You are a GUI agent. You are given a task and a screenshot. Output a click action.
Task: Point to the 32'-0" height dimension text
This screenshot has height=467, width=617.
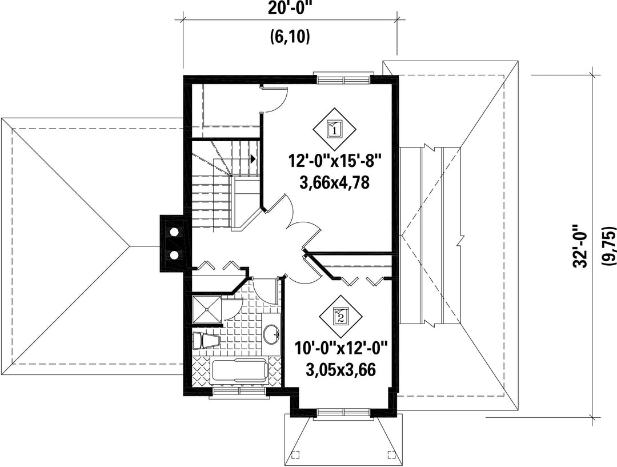tap(580, 252)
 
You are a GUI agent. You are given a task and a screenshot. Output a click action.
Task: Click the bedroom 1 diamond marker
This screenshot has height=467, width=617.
tap(334, 127)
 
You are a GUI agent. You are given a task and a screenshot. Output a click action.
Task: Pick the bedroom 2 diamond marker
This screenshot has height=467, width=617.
tap(340, 315)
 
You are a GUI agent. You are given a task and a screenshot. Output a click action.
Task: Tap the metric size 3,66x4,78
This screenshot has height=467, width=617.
tap(334, 183)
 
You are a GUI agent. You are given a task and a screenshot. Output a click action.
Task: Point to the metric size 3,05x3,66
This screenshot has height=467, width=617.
tap(340, 370)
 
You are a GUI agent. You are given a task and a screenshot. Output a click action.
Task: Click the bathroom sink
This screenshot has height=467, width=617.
tap(271, 334)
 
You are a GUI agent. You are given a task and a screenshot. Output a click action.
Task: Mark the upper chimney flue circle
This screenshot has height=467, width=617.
tap(173, 231)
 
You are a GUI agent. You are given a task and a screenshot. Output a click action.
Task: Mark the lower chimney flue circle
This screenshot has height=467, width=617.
tap(173, 255)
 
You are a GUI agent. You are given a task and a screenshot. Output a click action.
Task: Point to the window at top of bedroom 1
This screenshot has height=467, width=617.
tap(344, 78)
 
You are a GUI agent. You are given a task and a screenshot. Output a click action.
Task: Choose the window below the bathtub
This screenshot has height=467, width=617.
tap(239, 392)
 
